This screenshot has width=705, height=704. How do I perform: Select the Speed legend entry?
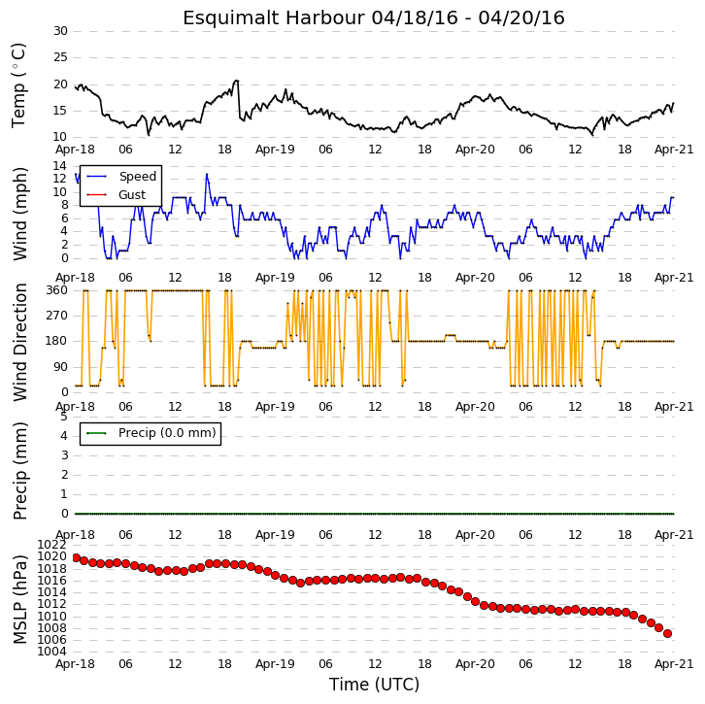click(121, 176)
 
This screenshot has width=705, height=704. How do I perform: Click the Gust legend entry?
click(116, 194)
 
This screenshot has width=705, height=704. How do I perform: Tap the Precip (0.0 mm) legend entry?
click(151, 433)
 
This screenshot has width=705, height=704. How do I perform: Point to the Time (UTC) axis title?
click(374, 685)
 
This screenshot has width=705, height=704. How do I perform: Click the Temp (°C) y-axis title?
click(18, 85)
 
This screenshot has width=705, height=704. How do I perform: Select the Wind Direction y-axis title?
click(19, 342)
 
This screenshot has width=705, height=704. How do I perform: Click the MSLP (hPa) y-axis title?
click(19, 599)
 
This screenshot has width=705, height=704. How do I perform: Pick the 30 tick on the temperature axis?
click(61, 31)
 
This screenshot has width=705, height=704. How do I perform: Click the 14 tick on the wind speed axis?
click(60, 166)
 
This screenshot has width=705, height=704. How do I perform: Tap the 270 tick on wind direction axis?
click(57, 316)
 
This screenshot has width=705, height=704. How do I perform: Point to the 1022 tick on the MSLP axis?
click(52, 545)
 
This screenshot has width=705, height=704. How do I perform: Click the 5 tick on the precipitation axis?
click(64, 417)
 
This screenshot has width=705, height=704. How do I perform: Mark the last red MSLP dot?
click(668, 633)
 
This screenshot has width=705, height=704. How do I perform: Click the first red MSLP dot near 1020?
click(76, 558)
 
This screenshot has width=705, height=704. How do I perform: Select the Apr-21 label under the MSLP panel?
click(674, 664)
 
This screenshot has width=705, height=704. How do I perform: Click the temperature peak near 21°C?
click(236, 81)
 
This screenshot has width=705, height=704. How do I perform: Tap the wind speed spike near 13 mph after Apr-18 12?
click(207, 175)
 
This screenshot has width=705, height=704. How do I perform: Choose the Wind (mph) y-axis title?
click(19, 214)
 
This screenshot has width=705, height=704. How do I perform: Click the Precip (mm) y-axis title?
click(19, 471)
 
